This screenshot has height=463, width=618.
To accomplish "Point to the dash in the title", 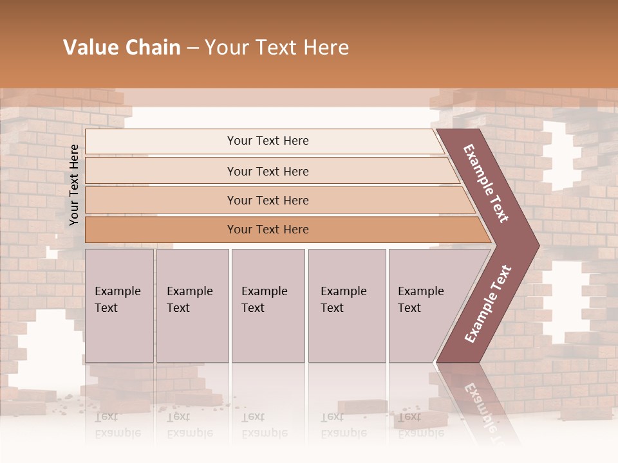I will (192, 48).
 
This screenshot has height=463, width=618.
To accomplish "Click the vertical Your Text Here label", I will (74, 185).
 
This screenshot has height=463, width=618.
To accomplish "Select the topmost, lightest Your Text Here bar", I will (268, 141).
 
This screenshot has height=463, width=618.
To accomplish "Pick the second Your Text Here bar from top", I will (268, 171).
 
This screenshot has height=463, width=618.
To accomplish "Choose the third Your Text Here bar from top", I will (268, 200).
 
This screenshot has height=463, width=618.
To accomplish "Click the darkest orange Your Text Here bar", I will (268, 230).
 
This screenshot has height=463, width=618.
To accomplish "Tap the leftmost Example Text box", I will (119, 305).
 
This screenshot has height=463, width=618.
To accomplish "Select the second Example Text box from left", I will (192, 305).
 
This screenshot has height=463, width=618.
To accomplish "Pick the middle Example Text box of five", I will (268, 305).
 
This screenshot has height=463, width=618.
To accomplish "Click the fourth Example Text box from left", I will (346, 305).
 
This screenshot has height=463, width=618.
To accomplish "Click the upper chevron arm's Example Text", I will (486, 183).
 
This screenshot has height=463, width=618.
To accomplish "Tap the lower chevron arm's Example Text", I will (488, 304).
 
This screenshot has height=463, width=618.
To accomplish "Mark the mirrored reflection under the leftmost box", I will (118, 425).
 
